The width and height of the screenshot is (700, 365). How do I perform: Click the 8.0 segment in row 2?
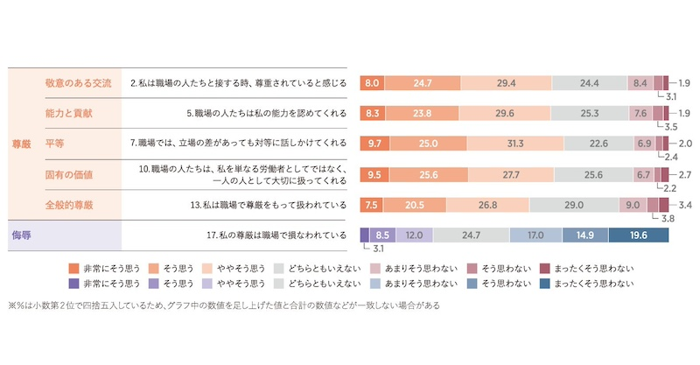pos(372,83)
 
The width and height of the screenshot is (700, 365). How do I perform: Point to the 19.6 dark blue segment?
pos(638,235)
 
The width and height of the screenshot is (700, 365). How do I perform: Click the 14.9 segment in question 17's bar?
pos(584,235)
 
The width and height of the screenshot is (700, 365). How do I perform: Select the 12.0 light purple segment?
pos(414,235)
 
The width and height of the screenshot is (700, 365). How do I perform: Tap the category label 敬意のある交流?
pos(78,83)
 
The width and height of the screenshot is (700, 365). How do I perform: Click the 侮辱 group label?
pos(21,235)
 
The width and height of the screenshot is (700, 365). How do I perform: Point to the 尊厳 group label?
pos(21,143)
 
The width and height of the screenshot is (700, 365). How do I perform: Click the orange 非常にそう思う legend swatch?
pos(73,268)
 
